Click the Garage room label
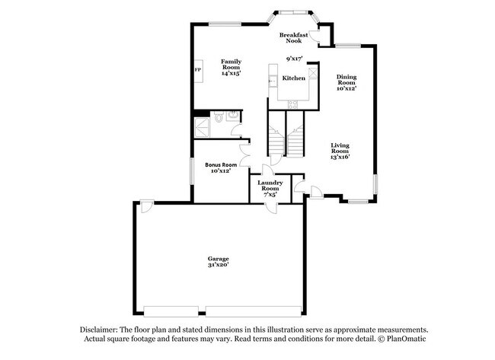click(219, 258)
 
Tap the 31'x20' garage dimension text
click(219, 265)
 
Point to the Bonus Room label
click(221, 164)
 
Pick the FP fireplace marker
click(198, 71)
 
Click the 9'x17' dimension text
click(294, 59)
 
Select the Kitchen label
click(294, 78)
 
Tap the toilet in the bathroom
click(218, 118)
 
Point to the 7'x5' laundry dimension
click(270, 194)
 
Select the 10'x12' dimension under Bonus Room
click(221, 171)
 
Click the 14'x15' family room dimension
click(231, 73)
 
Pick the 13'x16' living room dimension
click(340, 159)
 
